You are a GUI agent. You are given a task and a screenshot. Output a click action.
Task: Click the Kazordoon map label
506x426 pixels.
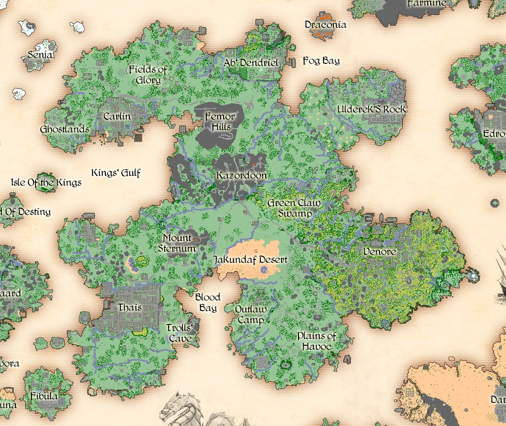(x=242, y=176)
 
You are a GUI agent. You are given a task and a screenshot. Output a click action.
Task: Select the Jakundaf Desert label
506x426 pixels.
(x=250, y=259)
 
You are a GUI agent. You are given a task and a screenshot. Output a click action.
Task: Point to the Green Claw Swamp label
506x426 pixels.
(x=294, y=208)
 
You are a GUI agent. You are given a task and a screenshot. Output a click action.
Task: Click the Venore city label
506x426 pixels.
(x=379, y=252)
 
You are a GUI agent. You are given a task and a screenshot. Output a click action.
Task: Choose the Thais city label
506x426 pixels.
(x=130, y=307)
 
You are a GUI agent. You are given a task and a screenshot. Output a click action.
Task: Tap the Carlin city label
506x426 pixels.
(x=117, y=116)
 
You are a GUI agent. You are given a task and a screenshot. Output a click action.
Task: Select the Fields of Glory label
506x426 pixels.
(x=148, y=75)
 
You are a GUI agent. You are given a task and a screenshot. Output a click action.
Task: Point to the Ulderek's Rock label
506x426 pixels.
(x=371, y=109)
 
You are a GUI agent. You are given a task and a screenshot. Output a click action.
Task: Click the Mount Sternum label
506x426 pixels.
(x=177, y=243)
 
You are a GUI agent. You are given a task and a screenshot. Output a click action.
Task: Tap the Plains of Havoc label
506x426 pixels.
(x=317, y=341)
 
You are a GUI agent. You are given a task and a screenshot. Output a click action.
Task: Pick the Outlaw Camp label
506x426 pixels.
(x=251, y=314)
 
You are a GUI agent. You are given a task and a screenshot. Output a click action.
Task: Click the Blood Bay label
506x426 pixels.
(x=208, y=302)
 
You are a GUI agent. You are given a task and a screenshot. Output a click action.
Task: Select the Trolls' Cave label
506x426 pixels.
(x=180, y=333)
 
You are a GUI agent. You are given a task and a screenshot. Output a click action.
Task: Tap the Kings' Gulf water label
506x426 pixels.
(x=116, y=172)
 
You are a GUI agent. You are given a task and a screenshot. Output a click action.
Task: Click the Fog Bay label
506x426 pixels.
(x=321, y=61)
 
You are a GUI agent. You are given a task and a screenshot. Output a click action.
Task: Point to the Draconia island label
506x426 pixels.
(x=325, y=25)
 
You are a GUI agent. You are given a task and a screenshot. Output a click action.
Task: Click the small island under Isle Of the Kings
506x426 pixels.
(x=46, y=183)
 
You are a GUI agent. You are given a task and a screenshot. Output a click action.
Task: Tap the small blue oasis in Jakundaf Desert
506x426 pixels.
(x=264, y=270)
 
